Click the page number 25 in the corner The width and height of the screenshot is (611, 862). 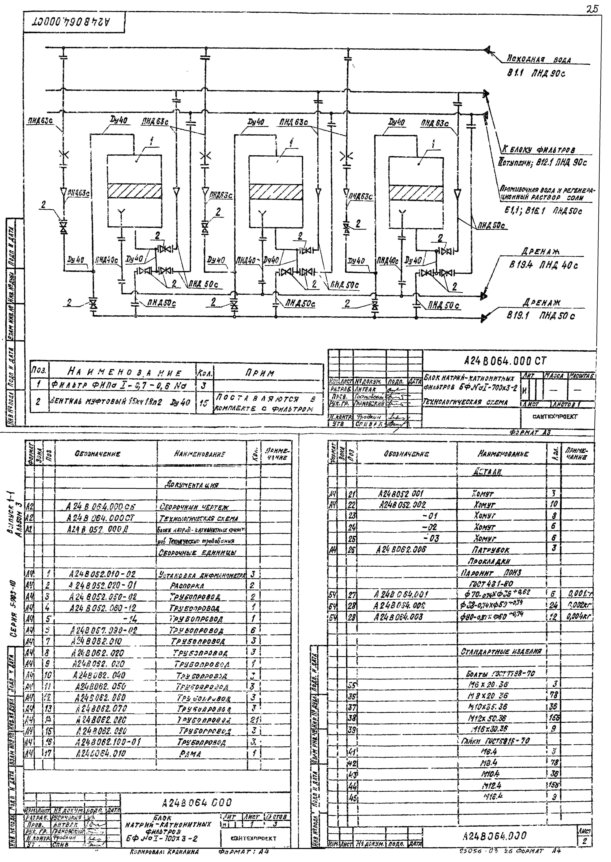(x=592, y=9)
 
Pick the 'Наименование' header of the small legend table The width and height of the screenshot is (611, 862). (x=125, y=373)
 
